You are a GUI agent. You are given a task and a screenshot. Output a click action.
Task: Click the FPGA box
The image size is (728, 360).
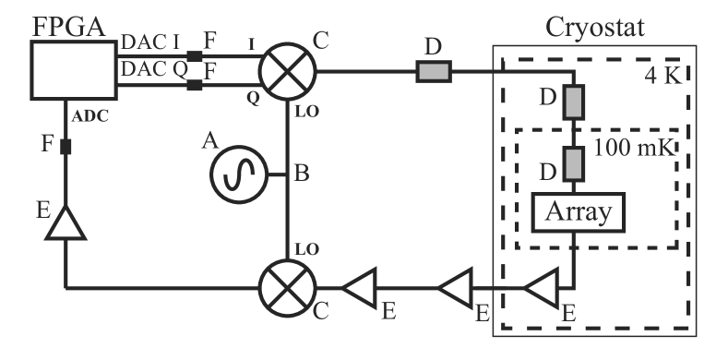point(71,71)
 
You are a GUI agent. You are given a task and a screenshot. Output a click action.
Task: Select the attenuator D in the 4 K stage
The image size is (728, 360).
point(574,102)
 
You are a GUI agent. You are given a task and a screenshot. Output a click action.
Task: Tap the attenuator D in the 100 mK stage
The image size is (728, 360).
point(574,164)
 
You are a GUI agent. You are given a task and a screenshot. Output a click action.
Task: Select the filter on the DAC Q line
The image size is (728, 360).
point(194,86)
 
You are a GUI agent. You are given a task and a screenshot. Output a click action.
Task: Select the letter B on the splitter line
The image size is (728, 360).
point(302,173)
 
